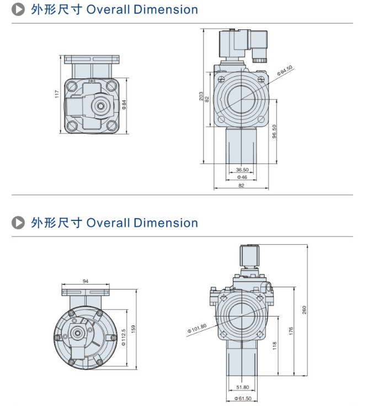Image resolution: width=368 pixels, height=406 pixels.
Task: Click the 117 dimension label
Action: pyautogui.click(x=56, y=95)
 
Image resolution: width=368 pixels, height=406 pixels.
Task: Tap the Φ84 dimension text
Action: pyautogui.click(x=125, y=103)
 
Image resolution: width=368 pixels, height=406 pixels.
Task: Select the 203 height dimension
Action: pyautogui.click(x=201, y=96)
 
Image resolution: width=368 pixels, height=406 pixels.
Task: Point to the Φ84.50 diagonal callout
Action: pyautogui.click(x=285, y=71)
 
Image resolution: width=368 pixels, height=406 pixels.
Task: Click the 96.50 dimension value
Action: pyautogui.click(x=274, y=131)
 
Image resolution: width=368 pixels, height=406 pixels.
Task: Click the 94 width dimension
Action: pyautogui.click(x=86, y=281)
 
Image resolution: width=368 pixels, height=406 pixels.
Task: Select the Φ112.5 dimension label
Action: pyautogui.click(x=124, y=336)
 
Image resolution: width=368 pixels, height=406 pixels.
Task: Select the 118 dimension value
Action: pyautogui.click(x=274, y=346)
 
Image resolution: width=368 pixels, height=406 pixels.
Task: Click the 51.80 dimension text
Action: pyautogui.click(x=242, y=387)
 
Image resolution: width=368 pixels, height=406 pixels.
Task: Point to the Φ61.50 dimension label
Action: pyautogui.click(x=243, y=398)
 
